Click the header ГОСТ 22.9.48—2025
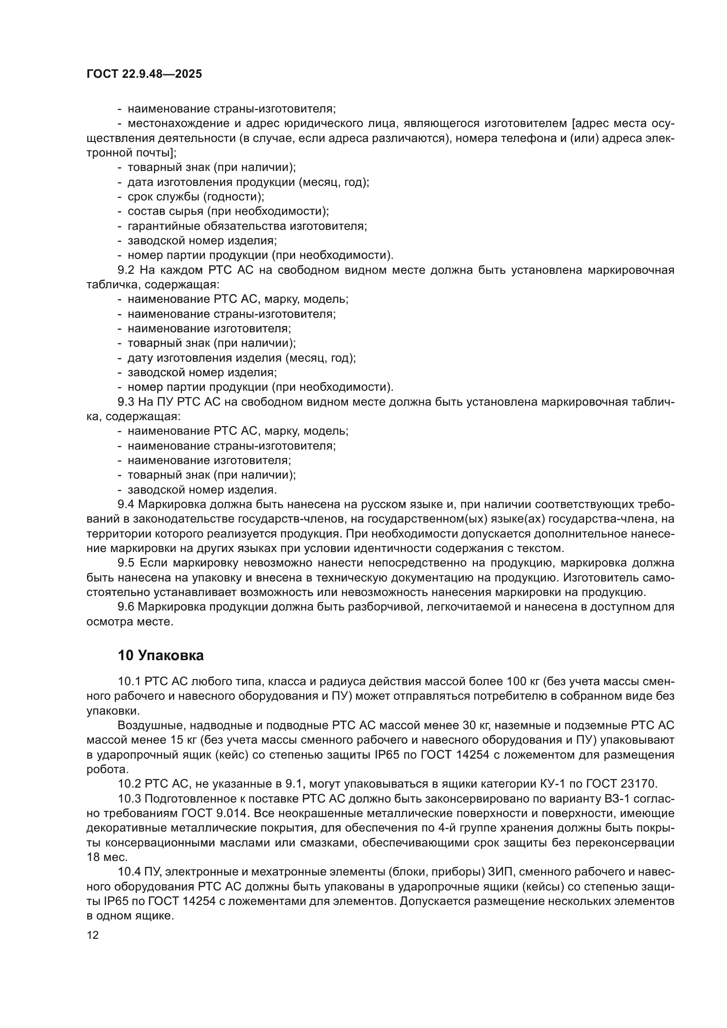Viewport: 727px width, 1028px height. [x=144, y=74]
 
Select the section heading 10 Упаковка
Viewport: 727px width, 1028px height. [x=161, y=655]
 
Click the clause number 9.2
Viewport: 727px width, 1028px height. [x=127, y=270]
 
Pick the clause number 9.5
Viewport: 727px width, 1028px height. [x=127, y=563]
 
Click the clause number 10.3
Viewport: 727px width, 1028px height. [x=129, y=798]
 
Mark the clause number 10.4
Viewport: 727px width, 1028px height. [x=129, y=872]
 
